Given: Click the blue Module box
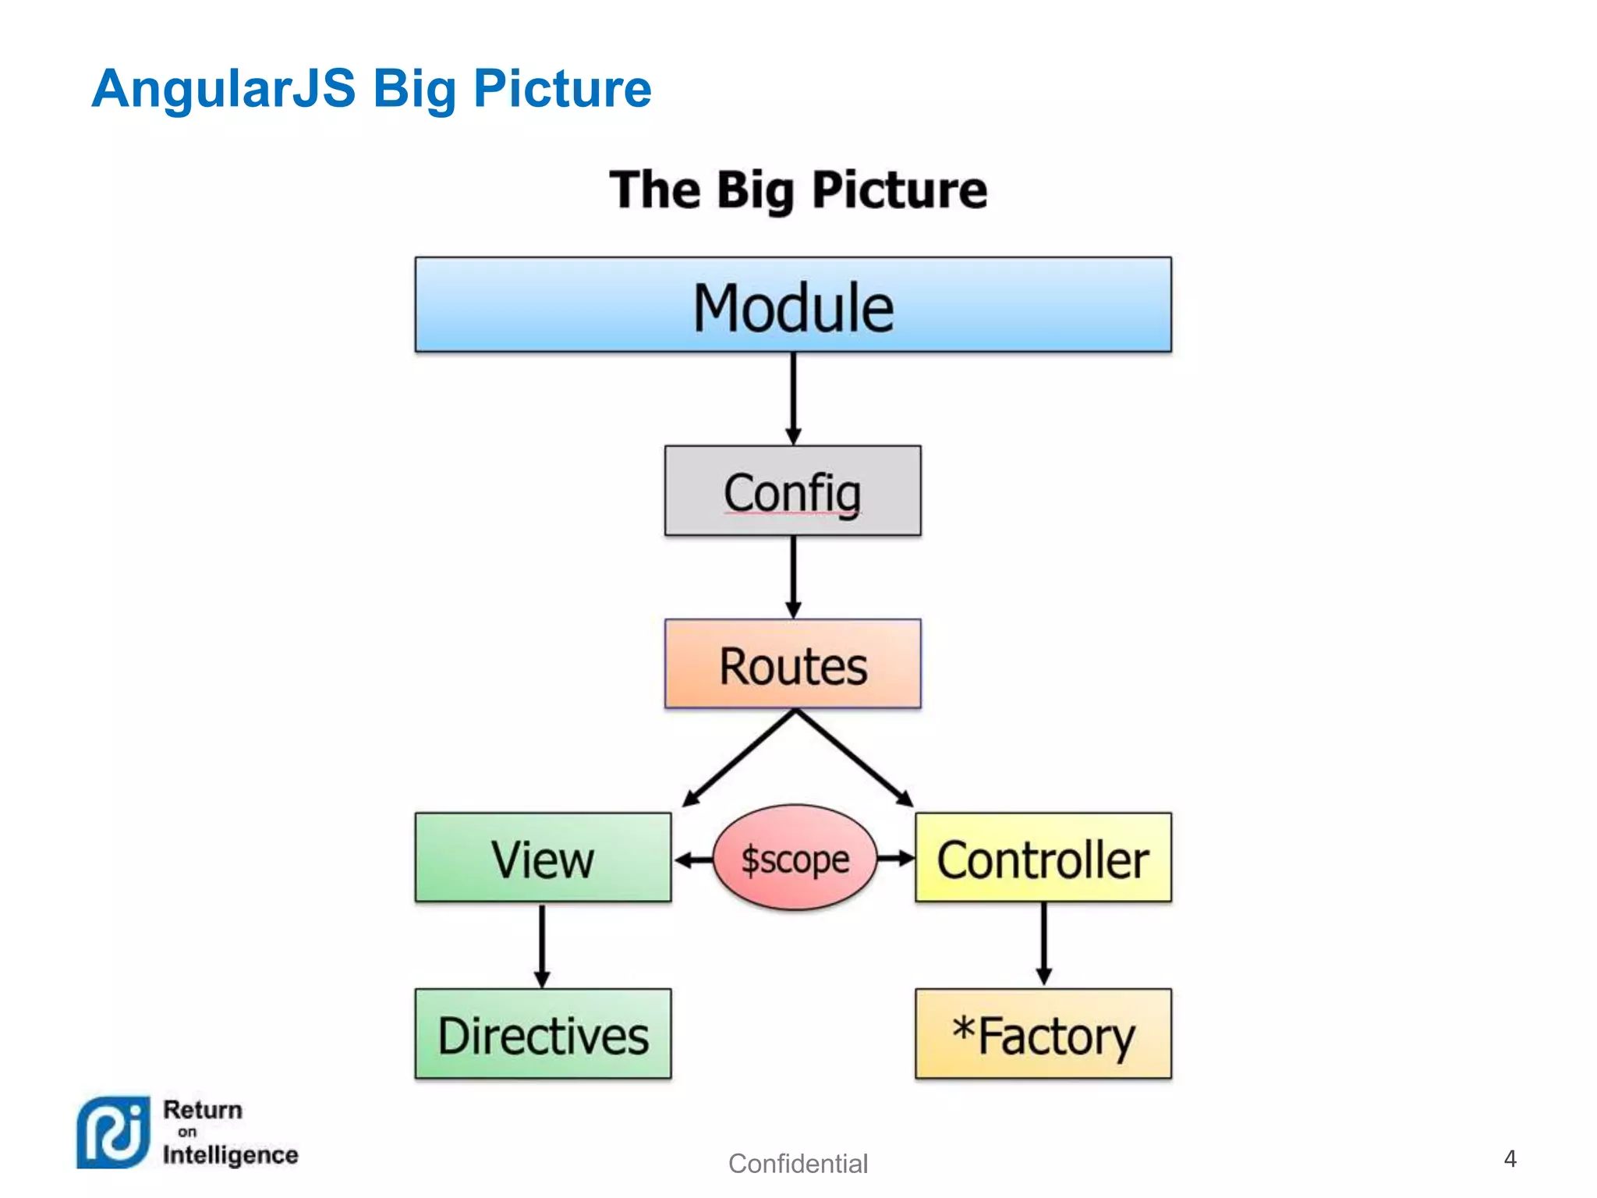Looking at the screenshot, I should pyautogui.click(x=793, y=305).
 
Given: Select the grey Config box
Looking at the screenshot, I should pyautogui.click(x=792, y=491).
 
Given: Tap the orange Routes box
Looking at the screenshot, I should pyautogui.click(x=792, y=664).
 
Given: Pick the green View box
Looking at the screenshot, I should pyautogui.click(x=543, y=858).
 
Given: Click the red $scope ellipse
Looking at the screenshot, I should pyautogui.click(x=795, y=858).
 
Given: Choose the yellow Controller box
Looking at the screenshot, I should pyautogui.click(x=1043, y=858).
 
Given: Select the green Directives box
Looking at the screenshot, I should pyautogui.click(x=543, y=1034).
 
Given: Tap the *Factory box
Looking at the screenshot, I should pyautogui.click(x=1043, y=1034).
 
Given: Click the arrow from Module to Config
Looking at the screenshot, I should pyautogui.click(x=793, y=399).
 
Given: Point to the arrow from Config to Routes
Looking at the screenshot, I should pyautogui.click(x=793, y=577).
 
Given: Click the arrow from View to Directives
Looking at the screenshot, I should pyautogui.click(x=543, y=945).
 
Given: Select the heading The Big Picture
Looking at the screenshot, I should pyautogui.click(x=798, y=190).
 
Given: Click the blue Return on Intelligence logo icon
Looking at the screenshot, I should pyautogui.click(x=112, y=1132).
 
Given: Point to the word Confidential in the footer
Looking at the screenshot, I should pyautogui.click(x=798, y=1164).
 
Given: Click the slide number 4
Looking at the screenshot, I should pyautogui.click(x=1510, y=1159).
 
